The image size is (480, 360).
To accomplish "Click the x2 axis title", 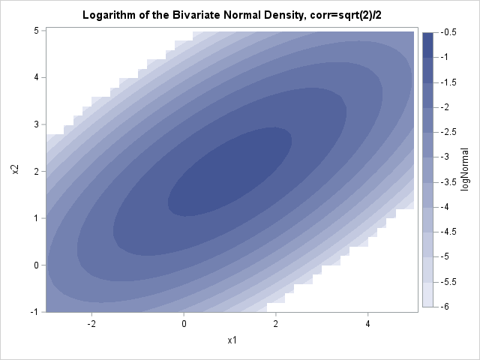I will pos(14,171).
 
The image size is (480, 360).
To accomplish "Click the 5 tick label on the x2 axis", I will pos(35,31).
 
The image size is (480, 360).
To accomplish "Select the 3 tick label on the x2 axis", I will pos(35,124).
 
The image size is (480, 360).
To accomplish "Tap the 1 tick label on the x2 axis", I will pos(35,218).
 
